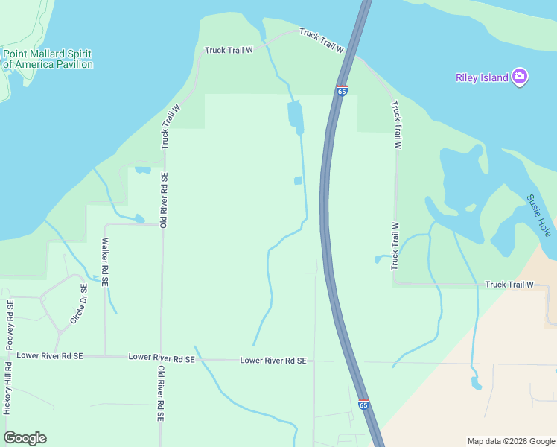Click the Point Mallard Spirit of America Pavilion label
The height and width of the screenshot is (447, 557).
coord(48,59)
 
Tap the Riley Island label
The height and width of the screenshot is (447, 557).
coord(482,77)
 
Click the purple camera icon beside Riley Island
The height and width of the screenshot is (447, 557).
coord(520,77)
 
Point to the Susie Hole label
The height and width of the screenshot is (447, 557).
coord(538,216)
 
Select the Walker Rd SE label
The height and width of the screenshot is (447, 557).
coord(106,262)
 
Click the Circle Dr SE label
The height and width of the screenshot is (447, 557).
coord(79,304)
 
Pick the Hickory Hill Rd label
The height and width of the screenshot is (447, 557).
coord(7,387)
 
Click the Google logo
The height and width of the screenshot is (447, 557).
coord(25,438)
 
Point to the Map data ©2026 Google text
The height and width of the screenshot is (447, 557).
coord(510,441)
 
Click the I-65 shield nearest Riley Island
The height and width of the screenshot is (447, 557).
coord(342,90)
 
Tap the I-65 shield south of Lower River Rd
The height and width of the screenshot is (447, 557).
coord(363,404)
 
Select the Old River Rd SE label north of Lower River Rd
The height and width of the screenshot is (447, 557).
coord(164,200)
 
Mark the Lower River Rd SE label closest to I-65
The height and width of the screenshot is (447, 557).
coord(273,361)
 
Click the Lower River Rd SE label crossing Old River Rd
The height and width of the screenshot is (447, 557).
coord(162,358)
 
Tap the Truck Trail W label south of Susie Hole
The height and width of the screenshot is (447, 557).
coord(509,285)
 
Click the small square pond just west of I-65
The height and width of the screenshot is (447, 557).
coord(298,180)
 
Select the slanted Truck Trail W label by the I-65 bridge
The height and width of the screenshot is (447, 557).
coord(321,41)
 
